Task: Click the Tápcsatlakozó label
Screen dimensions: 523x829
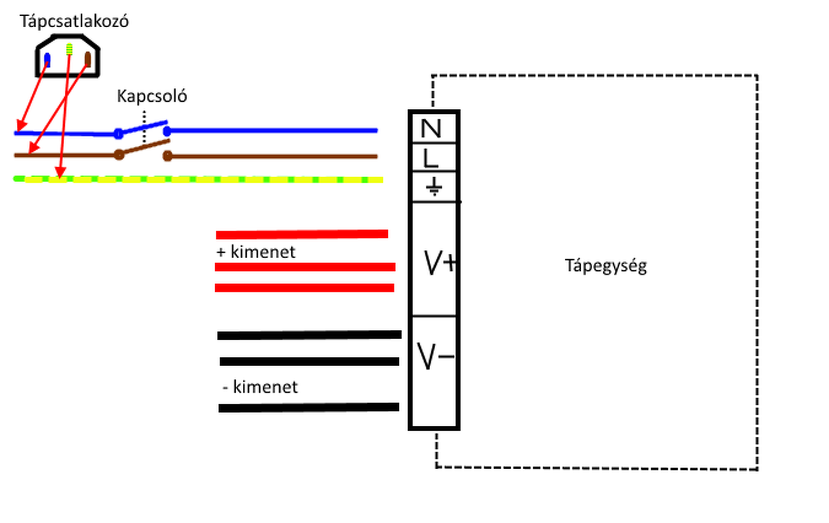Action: pos(74,21)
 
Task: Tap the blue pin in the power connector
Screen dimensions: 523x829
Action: pos(47,60)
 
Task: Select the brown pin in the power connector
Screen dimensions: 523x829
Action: pos(88,58)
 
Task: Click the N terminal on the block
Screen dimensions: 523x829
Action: pos(431,129)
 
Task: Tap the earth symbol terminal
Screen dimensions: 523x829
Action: pos(434,187)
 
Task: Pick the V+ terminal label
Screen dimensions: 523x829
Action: pos(439,262)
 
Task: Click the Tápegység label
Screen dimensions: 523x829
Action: pos(606,266)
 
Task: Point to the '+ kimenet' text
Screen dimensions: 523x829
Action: pos(255,251)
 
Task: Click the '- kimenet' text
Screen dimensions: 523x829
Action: pos(259,388)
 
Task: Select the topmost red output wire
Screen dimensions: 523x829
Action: pos(302,234)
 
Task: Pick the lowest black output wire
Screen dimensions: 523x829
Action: pos(308,408)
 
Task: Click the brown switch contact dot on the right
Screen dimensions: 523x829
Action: pos(167,156)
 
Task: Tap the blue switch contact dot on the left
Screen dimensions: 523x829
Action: pos(118,134)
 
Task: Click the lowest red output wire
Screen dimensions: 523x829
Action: pos(304,288)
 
